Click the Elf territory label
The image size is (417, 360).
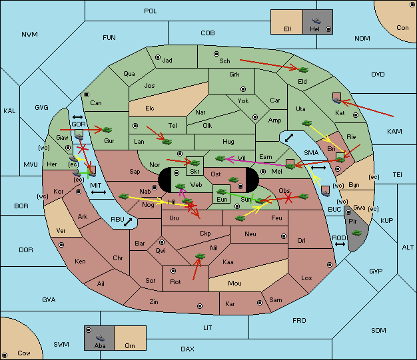tap(288, 29)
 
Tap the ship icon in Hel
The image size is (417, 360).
tap(316, 21)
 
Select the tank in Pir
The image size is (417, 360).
tap(356, 233)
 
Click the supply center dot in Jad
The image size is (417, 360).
tap(158, 57)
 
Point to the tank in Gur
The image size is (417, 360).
tap(107, 130)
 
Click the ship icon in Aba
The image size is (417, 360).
tap(101, 338)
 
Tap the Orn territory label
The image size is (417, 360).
tap(130, 345)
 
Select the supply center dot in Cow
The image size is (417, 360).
tap(5, 355)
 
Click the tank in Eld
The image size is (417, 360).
tap(304, 70)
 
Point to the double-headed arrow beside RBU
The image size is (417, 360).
tap(128, 222)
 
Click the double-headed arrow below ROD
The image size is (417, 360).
tap(340, 244)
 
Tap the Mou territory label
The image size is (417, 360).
tap(234, 283)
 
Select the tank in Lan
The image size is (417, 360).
tap(167, 141)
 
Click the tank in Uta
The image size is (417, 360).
tap(306, 123)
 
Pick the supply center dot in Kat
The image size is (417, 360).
tap(356, 115)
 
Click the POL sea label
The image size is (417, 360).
tap(151, 11)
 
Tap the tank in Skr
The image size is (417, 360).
tap(195, 162)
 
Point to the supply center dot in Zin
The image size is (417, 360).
tap(200, 306)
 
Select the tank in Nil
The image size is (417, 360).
tap(200, 256)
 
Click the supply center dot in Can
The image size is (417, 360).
tap(87, 94)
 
